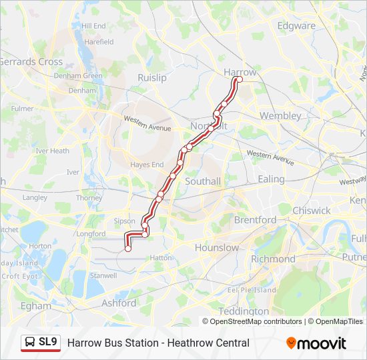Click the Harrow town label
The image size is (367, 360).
click(240, 72)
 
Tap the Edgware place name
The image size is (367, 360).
click(296, 26)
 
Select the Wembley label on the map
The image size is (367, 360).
click(280, 115)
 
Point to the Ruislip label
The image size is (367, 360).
click(151, 78)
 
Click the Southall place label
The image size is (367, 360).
click(202, 181)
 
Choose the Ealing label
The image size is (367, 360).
click(271, 179)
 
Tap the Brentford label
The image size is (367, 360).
click(255, 219)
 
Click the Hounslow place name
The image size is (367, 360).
click(216, 247)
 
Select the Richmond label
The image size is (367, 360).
click(273, 259)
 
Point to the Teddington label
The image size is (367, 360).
click(244, 311)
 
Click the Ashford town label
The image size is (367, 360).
click(118, 303)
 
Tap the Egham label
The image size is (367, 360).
click(35, 306)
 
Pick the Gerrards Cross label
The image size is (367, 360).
click(31, 61)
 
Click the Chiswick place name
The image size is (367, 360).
click(311, 211)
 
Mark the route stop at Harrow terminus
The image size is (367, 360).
click(239, 80)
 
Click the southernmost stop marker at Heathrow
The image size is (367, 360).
click(127, 249)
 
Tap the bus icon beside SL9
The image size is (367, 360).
click(29, 343)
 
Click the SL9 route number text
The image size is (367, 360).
click(48, 343)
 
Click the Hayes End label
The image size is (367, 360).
click(147, 165)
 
